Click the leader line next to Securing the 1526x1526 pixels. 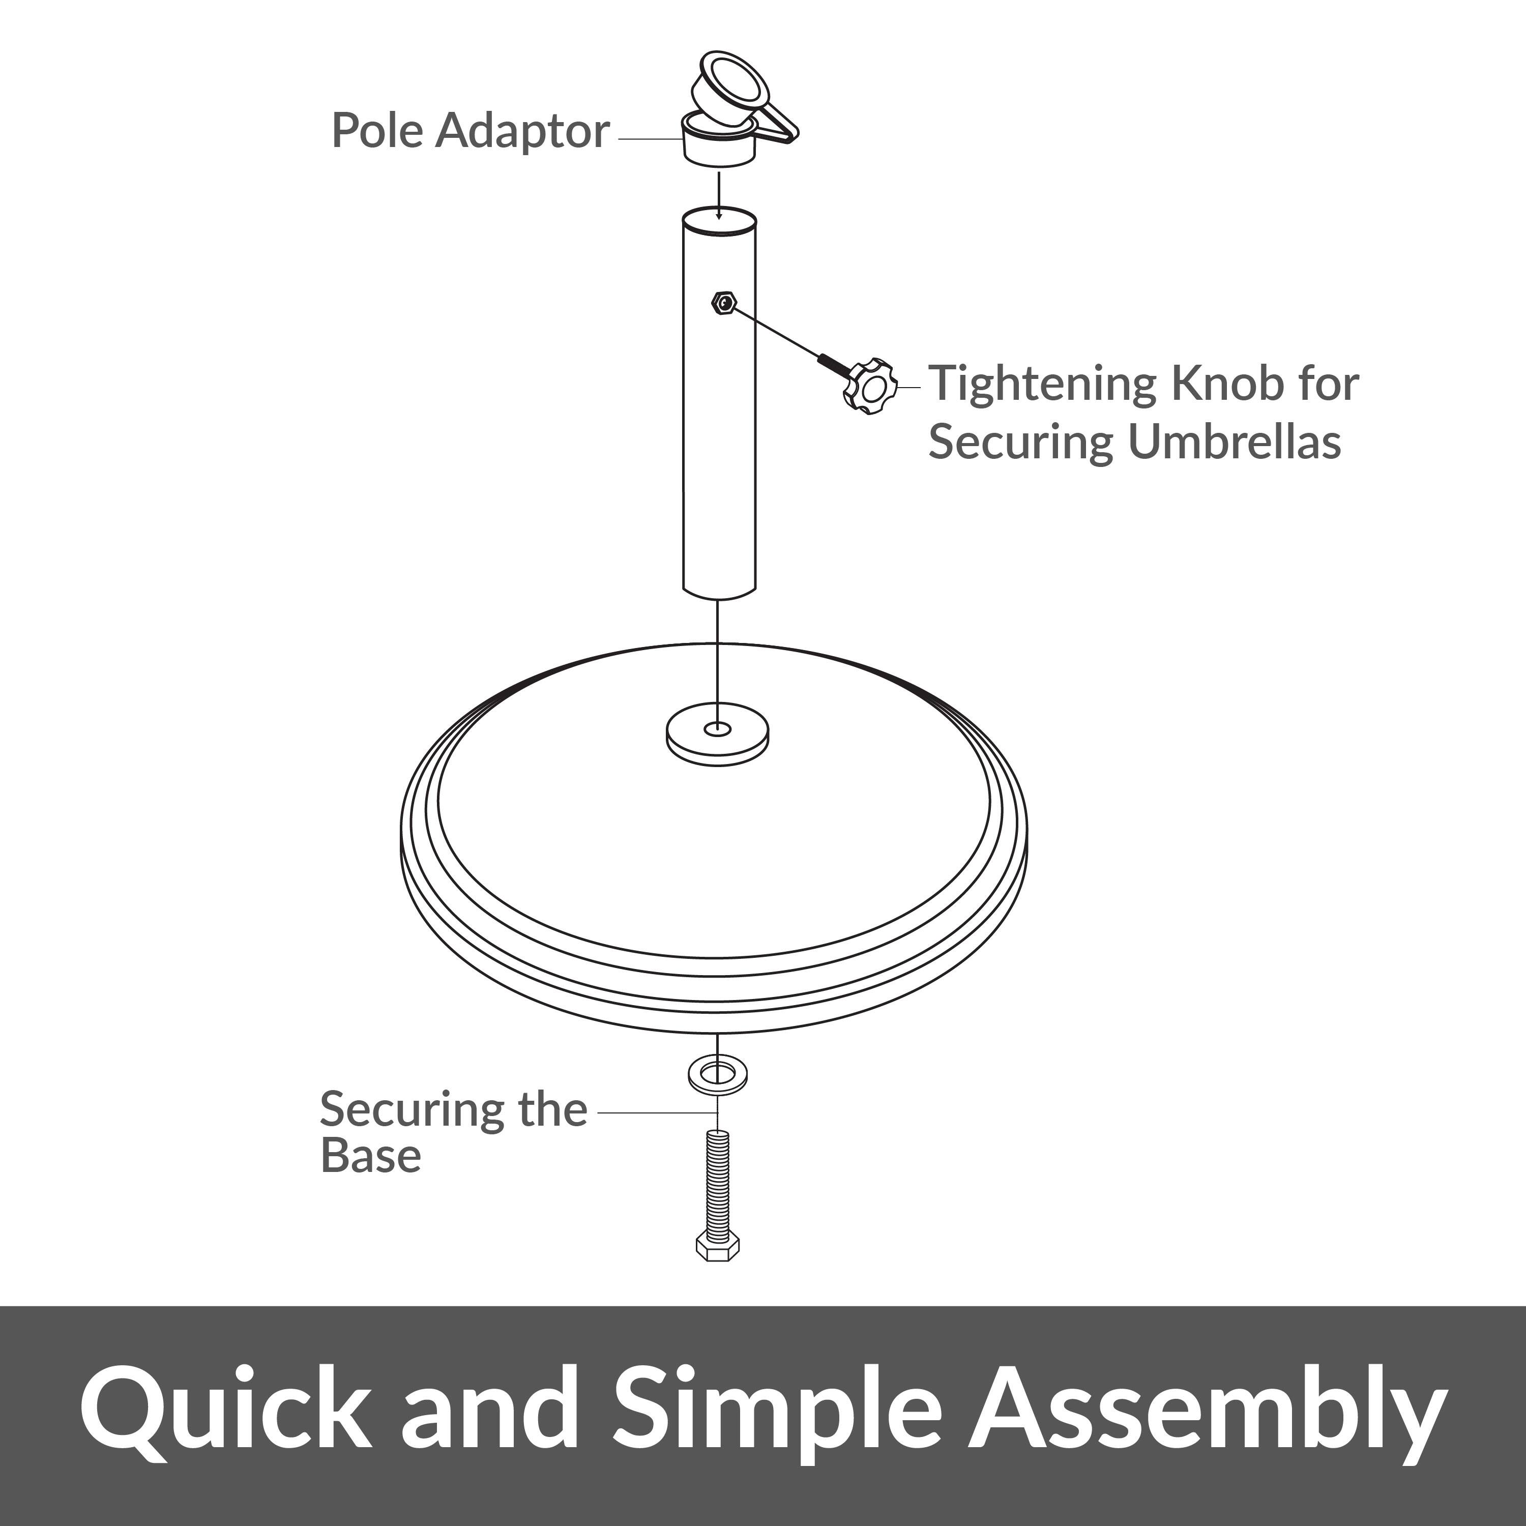656,1111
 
